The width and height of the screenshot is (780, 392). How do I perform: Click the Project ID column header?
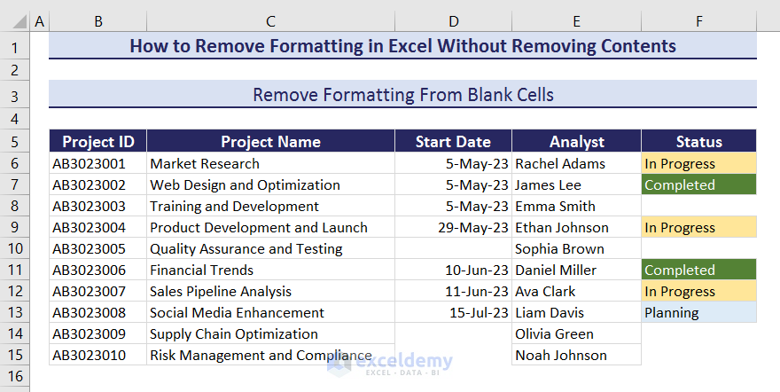(97, 142)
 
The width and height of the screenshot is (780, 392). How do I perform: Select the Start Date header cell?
(453, 142)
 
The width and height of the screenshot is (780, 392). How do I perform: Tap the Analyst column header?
(576, 142)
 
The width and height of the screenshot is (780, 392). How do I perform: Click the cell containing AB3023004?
(89, 228)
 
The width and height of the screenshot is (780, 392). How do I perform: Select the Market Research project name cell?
(205, 164)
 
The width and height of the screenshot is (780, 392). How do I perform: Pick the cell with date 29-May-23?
(476, 228)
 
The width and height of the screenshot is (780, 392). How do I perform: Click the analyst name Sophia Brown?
(559, 249)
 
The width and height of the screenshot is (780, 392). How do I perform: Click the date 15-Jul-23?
(480, 313)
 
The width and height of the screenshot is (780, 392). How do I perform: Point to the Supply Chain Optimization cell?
(234, 334)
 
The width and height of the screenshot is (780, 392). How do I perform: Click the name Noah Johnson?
(561, 356)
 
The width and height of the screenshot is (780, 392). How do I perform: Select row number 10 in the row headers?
(15, 249)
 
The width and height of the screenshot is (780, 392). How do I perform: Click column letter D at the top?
(453, 20)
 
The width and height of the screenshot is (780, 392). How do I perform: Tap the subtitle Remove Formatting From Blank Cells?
(403, 95)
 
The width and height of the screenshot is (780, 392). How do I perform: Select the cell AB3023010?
(89, 356)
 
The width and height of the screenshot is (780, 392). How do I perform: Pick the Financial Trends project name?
(202, 270)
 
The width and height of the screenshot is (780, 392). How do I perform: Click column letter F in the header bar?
(698, 20)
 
